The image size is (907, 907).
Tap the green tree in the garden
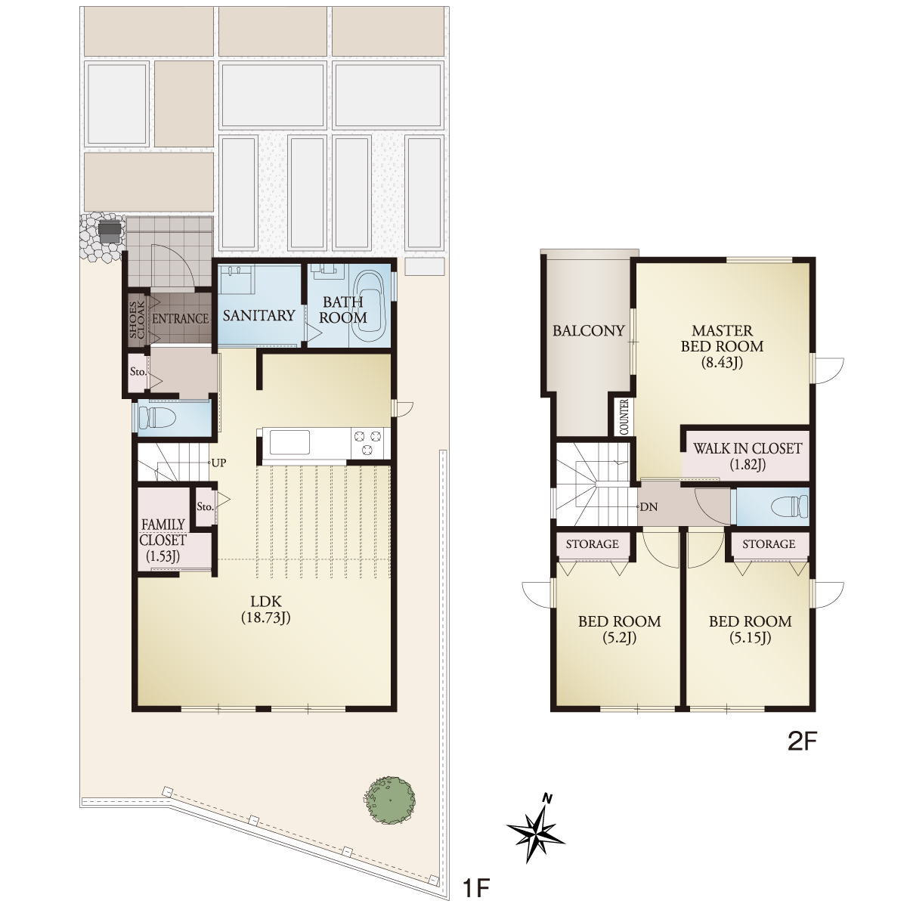point(390,800)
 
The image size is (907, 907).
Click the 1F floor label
point(476,887)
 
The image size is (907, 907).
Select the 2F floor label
point(802,741)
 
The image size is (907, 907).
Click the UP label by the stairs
point(219,463)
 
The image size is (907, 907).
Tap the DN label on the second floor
point(649,507)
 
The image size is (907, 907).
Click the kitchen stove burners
point(370,443)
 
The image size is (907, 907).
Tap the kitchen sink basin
point(289,442)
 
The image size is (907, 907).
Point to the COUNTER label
point(624,416)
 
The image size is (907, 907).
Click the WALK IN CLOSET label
point(748,448)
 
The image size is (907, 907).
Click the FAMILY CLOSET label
point(163,532)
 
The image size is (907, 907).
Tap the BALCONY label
point(588,331)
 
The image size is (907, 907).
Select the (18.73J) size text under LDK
point(266,617)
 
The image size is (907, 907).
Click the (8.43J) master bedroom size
point(722,362)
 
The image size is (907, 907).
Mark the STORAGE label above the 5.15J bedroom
point(769,544)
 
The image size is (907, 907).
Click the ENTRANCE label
point(181,319)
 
